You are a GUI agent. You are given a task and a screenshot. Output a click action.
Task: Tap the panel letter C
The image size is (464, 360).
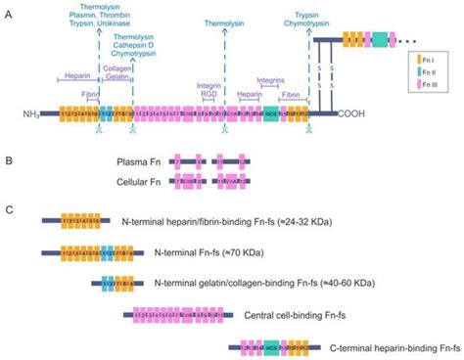click(9, 209)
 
